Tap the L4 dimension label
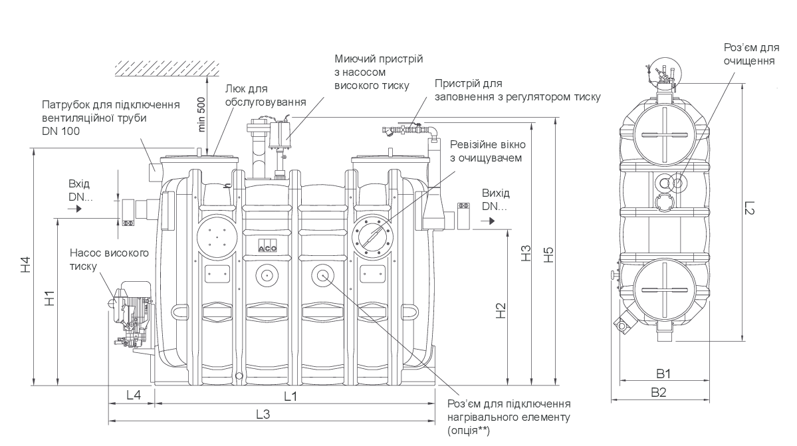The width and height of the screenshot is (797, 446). pyautogui.click(x=134, y=395)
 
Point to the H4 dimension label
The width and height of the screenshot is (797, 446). pyautogui.click(x=25, y=265)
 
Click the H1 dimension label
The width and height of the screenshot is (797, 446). pyautogui.click(x=49, y=299)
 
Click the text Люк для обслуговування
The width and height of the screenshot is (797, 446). pyautogui.click(x=265, y=95)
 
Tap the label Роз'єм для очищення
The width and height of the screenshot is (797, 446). pyautogui.click(x=751, y=55)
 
